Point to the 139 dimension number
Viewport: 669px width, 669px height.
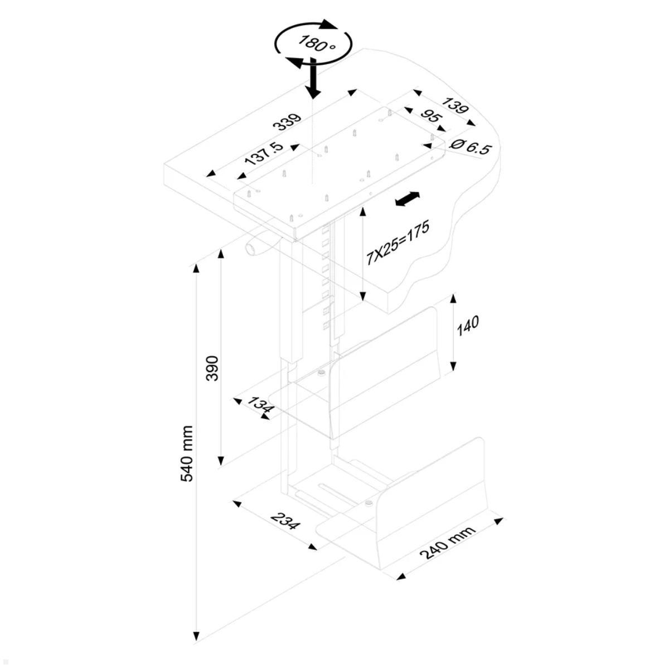454,105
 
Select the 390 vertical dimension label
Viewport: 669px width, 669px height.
212,368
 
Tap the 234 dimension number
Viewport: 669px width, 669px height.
285,521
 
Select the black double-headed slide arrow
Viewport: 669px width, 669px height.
407,199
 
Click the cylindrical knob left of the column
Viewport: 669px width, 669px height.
254,248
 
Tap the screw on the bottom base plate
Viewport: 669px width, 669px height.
369,504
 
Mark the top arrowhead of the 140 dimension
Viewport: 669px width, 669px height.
453,299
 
